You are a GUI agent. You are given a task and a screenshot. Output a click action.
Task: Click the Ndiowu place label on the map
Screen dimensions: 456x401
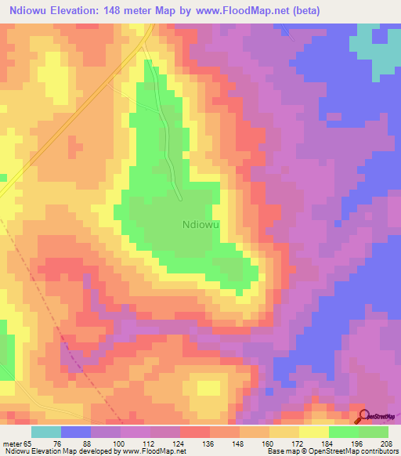pyautogui.click(x=200, y=224)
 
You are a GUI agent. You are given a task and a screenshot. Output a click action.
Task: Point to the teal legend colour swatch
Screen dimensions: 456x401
pyautogui.click(x=46, y=432)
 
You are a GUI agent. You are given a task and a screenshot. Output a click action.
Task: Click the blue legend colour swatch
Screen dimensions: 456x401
pyautogui.click(x=76, y=432)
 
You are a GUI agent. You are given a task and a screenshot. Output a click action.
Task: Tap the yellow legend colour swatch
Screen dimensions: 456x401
pyautogui.click(x=314, y=432)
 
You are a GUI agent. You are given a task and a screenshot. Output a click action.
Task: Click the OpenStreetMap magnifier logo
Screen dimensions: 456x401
pyautogui.click(x=364, y=415)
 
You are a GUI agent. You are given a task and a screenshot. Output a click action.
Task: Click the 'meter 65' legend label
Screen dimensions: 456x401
pyautogui.click(x=16, y=443)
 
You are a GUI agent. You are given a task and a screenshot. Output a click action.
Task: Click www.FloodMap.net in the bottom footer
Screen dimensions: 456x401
pyautogui.click(x=150, y=451)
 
